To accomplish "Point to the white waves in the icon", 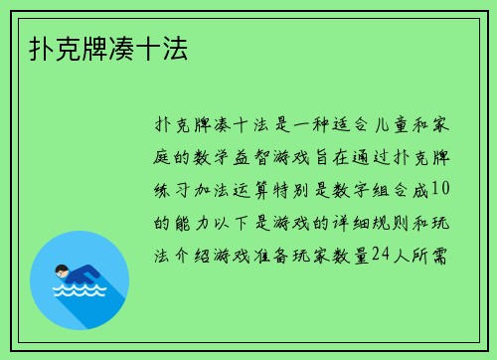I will [79, 292].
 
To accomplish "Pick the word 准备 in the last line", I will [256, 255].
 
